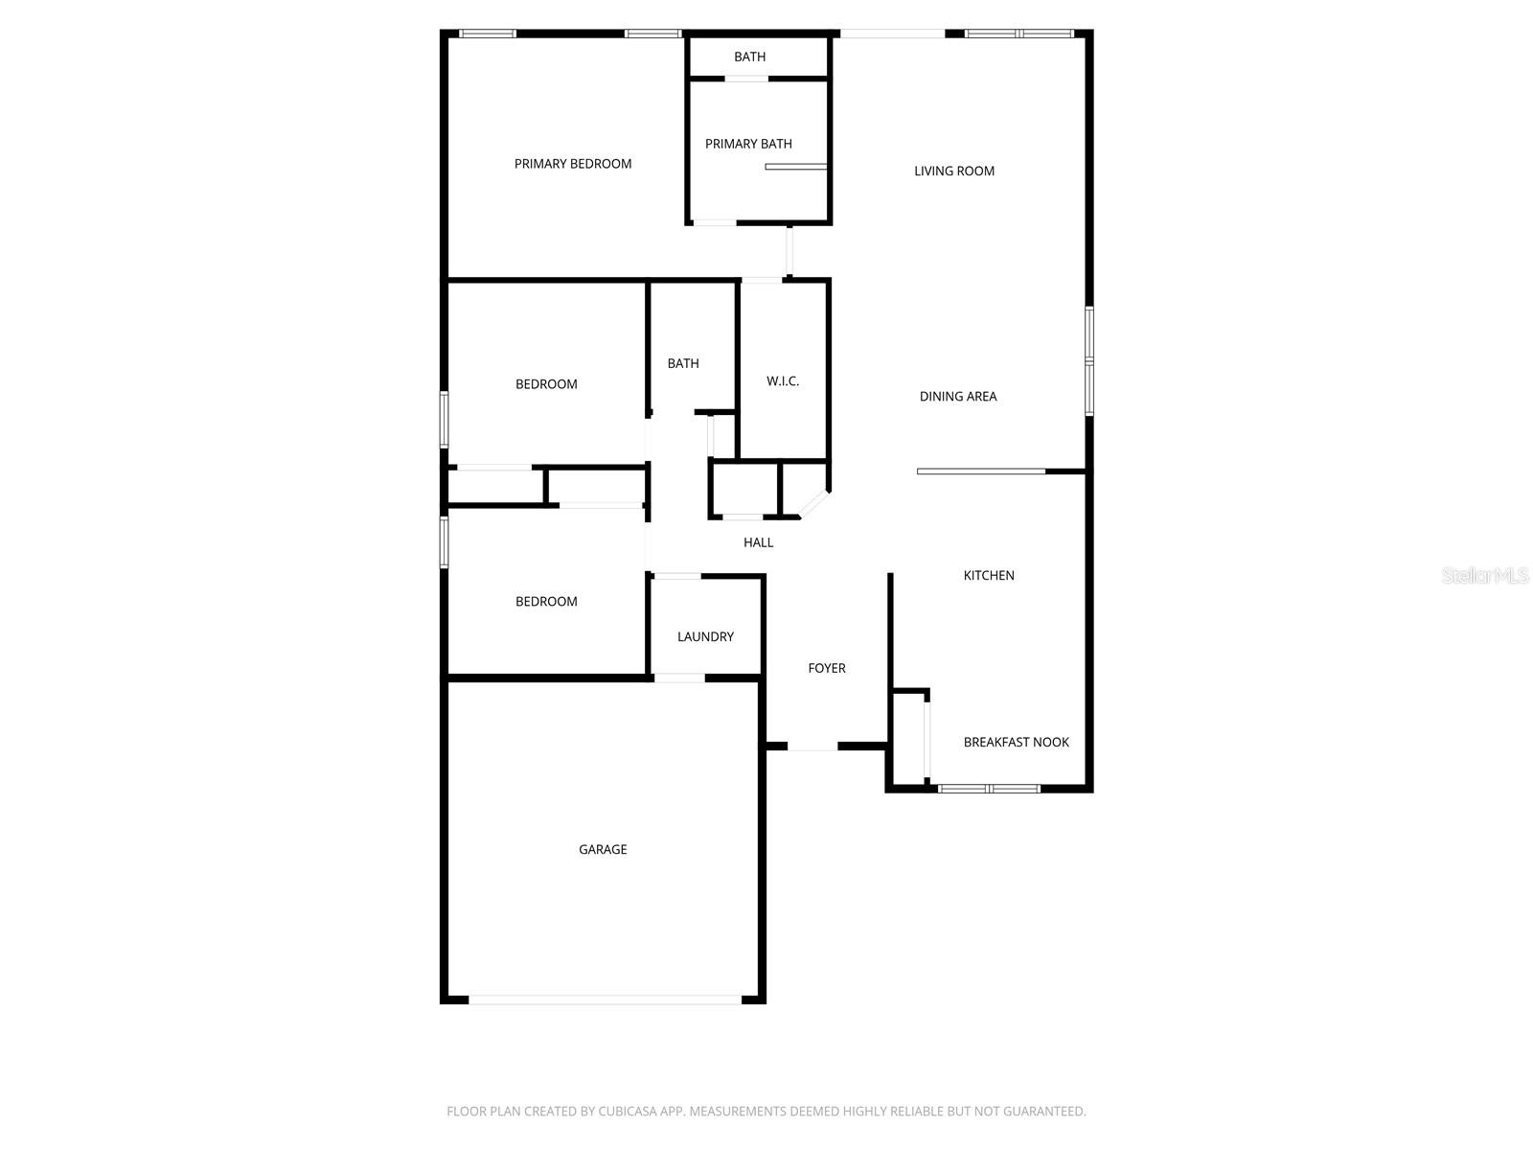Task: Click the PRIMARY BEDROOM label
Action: tap(573, 164)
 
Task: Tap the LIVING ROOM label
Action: tap(954, 172)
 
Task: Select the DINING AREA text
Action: tap(958, 397)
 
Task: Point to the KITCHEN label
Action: tap(989, 576)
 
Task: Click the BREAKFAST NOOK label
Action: tap(1016, 743)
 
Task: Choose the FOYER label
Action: tap(827, 669)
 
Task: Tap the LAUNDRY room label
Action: tap(705, 637)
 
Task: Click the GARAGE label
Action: tap(603, 850)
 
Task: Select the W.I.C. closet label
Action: tap(783, 381)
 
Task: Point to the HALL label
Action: tap(758, 543)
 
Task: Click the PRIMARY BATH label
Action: tap(748, 145)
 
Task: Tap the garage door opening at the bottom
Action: tap(604, 1000)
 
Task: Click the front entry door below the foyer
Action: tap(812, 747)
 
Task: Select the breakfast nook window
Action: tap(989, 789)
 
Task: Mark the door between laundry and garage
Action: tap(679, 678)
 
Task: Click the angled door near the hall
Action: tap(813, 505)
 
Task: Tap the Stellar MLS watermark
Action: tap(1486, 575)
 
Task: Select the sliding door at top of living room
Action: tap(892, 34)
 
